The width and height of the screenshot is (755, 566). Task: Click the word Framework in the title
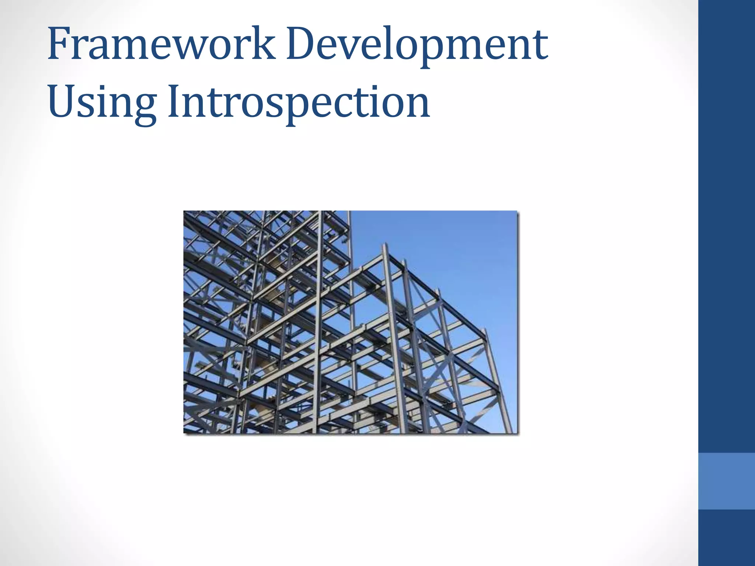(x=161, y=44)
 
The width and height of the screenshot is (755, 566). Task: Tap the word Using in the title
(x=102, y=101)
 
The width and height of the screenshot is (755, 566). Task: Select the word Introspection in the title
(x=299, y=101)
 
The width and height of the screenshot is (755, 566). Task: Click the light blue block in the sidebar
(x=726, y=481)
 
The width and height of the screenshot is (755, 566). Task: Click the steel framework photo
(x=350, y=322)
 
